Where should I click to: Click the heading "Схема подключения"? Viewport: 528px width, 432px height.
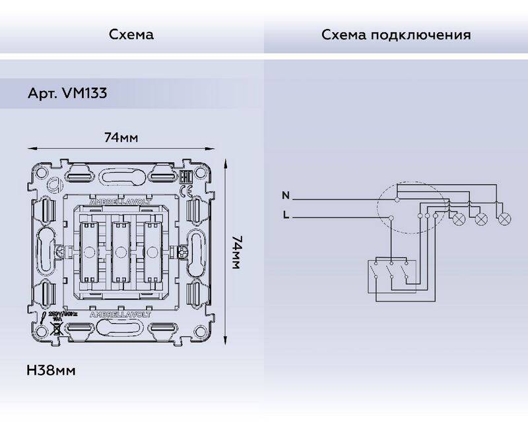396,34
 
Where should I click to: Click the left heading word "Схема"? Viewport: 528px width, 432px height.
131,34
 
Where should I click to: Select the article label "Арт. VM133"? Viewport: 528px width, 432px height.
68,94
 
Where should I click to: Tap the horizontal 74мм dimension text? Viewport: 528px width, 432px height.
121,138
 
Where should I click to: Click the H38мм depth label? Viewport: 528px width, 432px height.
51,370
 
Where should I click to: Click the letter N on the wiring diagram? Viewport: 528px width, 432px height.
285,195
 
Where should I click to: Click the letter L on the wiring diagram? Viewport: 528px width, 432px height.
285,214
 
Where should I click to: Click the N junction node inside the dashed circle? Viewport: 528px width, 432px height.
397,197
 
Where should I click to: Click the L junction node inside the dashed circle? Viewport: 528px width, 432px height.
391,217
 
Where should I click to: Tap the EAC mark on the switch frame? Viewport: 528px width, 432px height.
185,176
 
